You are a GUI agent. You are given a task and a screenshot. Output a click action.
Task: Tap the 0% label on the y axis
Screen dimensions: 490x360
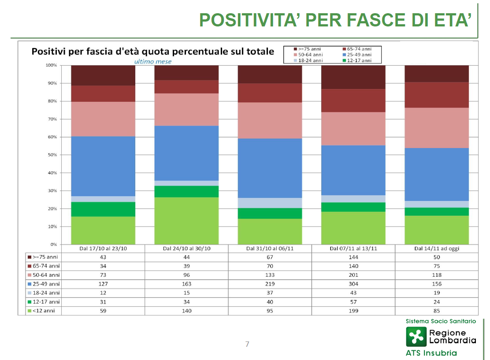click(53, 245)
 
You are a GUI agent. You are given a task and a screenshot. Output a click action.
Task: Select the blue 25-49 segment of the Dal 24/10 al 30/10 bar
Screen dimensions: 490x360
click(186, 153)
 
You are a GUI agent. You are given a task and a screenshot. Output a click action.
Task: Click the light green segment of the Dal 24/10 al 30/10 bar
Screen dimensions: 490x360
click(186, 221)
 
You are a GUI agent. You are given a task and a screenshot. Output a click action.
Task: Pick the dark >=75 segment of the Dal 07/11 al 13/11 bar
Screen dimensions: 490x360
click(353, 77)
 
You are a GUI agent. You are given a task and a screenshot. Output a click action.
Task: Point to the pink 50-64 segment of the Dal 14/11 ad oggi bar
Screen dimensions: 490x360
click(437, 128)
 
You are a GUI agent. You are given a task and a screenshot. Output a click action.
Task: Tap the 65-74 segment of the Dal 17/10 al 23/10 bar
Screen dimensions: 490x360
click(103, 94)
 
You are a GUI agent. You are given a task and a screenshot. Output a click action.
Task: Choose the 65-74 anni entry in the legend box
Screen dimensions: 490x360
click(357, 49)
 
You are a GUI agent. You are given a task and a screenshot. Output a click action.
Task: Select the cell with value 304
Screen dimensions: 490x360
click(353, 284)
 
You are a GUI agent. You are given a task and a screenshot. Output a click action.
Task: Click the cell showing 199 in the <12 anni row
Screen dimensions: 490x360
click(353, 311)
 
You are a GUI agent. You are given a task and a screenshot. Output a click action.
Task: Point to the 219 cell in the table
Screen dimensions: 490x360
click(270, 284)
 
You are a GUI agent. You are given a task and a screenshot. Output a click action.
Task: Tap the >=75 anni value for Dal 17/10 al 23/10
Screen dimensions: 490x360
click(103, 257)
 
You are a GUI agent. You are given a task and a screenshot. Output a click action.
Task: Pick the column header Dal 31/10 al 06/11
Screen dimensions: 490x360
click(270, 249)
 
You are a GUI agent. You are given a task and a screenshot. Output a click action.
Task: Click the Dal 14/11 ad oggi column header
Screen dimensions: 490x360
click(437, 249)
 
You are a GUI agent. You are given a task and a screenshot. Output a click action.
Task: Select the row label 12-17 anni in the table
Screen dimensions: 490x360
click(44, 302)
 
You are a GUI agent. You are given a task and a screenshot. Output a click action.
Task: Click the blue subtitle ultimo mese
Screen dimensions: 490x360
click(153, 62)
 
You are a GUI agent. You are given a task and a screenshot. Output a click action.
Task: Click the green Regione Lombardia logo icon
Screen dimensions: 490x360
click(416, 337)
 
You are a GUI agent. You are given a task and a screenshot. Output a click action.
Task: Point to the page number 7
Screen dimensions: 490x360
click(247, 344)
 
